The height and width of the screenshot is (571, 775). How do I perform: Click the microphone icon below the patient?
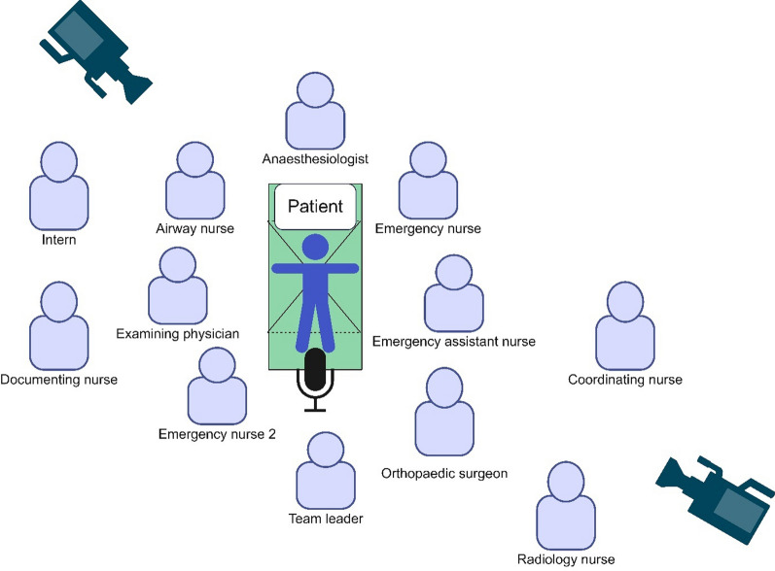coord(314,377)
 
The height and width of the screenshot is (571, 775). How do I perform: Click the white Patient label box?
coord(314,207)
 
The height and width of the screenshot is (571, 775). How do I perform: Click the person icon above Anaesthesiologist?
coord(314,112)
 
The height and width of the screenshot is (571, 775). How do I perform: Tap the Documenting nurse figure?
coord(59,327)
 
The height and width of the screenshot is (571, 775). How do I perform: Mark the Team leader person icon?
coord(326,470)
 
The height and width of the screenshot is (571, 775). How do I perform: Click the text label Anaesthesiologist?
coord(314,158)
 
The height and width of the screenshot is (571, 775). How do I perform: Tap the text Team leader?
coord(326,519)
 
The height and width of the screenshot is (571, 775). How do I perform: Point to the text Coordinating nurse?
coord(624,380)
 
